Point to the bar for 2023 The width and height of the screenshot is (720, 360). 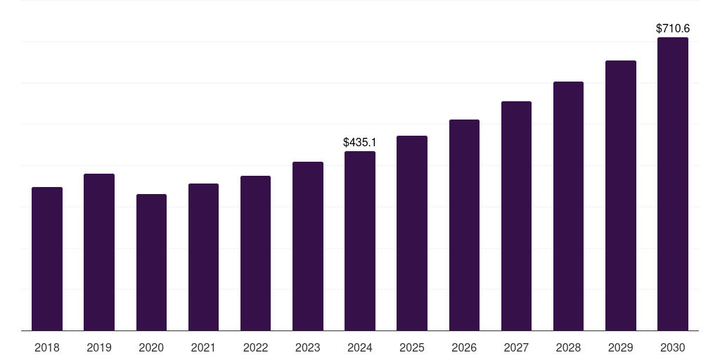tap(308, 246)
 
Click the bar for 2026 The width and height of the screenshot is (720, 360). tap(464, 225)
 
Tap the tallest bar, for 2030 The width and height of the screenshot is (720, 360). tap(673, 184)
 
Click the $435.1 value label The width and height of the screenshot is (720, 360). tap(359, 142)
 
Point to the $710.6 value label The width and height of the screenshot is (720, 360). tap(673, 29)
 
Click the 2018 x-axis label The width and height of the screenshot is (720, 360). tap(47, 347)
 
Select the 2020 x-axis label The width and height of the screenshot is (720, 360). tap(151, 347)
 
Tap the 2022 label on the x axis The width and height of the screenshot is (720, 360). tap(255, 347)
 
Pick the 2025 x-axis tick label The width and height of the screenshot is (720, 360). tap(412, 347)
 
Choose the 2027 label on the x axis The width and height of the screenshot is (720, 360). tap(516, 347)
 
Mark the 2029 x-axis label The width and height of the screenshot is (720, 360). tap(620, 347)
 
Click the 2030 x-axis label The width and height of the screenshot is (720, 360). tap(673, 347)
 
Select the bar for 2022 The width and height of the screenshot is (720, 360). tap(255, 253)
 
